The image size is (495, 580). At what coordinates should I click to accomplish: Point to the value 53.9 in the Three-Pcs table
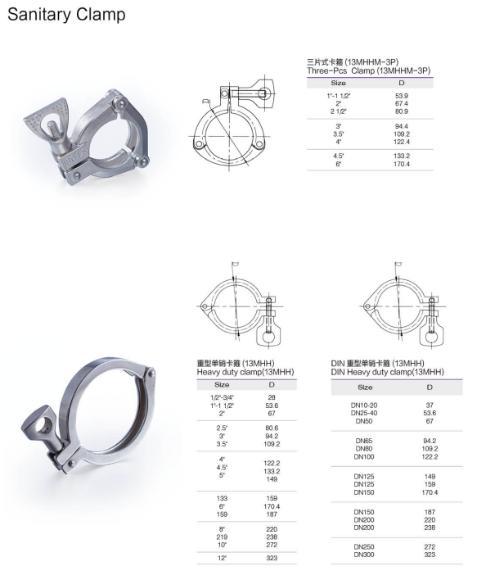coord(402,96)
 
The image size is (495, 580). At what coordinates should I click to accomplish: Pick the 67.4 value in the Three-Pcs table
coord(402,103)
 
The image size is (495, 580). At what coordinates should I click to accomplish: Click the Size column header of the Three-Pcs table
coord(338,83)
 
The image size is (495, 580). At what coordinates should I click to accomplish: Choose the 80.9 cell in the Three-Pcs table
coord(402,111)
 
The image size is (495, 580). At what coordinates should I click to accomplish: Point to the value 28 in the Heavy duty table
coord(271,396)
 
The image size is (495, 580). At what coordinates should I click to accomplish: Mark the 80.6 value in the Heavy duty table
coord(271,429)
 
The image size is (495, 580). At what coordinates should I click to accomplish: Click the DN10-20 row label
coord(365,406)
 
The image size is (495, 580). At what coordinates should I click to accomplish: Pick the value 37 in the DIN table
coord(430,406)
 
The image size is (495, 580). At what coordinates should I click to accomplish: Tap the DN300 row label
coord(365,554)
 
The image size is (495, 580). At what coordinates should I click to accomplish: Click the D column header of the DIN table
coord(430,387)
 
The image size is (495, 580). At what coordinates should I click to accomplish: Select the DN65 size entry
coord(365,440)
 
